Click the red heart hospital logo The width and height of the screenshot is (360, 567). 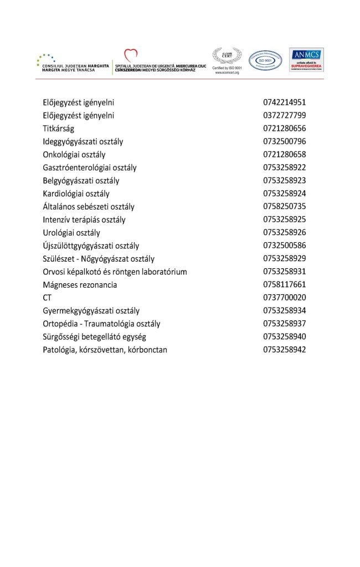pyautogui.click(x=131, y=55)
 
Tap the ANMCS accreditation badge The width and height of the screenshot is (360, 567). pyautogui.click(x=306, y=60)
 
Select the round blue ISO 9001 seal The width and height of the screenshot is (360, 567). pyautogui.click(x=265, y=60)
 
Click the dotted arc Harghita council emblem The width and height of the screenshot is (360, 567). pyautogui.click(x=46, y=58)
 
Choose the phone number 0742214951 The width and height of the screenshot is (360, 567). pyautogui.click(x=285, y=103)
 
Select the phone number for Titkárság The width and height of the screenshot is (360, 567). pyautogui.click(x=285, y=129)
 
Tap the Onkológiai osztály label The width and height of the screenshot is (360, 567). pyautogui.click(x=74, y=155)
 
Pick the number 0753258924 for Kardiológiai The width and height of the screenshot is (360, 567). pyautogui.click(x=285, y=193)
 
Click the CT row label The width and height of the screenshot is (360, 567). pyautogui.click(x=47, y=298)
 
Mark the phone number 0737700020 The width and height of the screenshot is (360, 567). pyautogui.click(x=285, y=298)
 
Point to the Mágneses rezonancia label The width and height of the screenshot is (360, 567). pyautogui.click(x=80, y=285)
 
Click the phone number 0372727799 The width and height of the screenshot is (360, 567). pyautogui.click(x=285, y=116)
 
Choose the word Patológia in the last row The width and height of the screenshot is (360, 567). pyautogui.click(x=60, y=350)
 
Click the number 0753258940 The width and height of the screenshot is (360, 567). pyautogui.click(x=285, y=336)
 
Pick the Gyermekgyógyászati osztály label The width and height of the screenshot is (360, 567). pyautogui.click(x=91, y=310)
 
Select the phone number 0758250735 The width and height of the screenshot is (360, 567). pyautogui.click(x=285, y=207)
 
